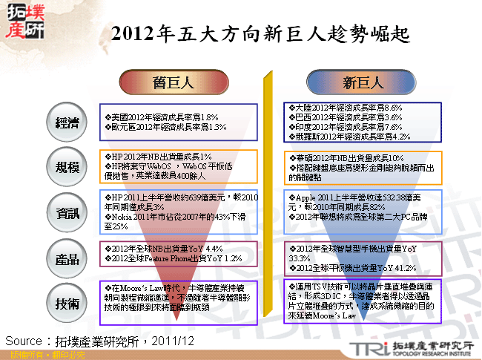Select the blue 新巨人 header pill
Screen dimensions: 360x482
[362, 82]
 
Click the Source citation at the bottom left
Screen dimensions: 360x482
[100, 340]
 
